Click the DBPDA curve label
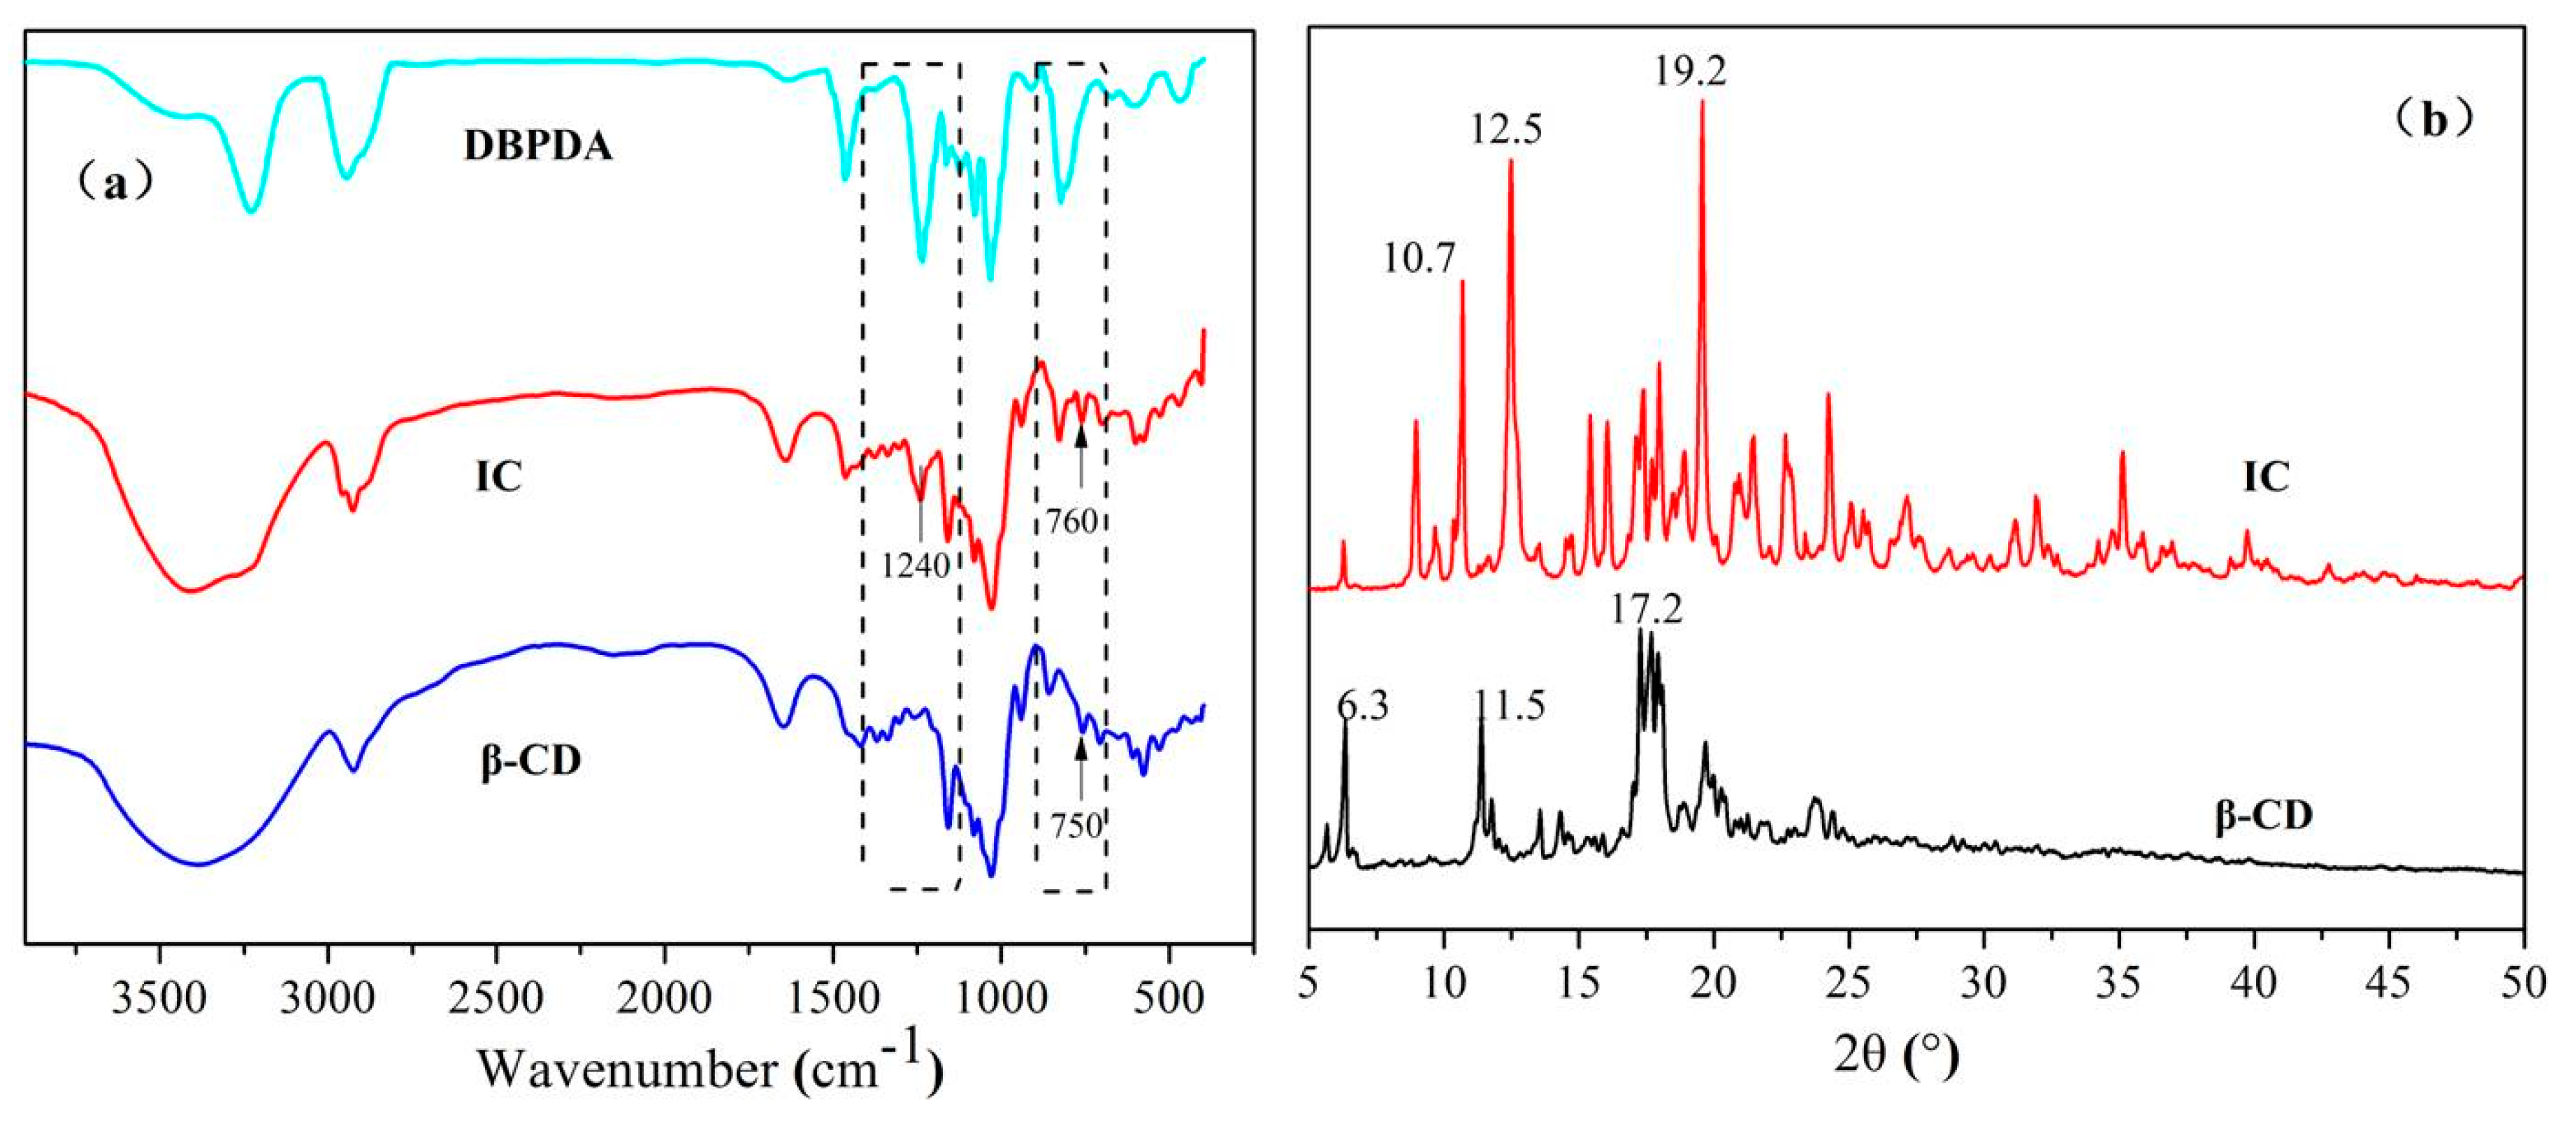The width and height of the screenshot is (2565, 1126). tap(537, 146)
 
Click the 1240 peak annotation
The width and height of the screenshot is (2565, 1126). tap(915, 565)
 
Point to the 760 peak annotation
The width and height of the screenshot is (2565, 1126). tap(1071, 521)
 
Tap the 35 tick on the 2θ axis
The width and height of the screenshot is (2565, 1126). tap(2119, 983)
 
